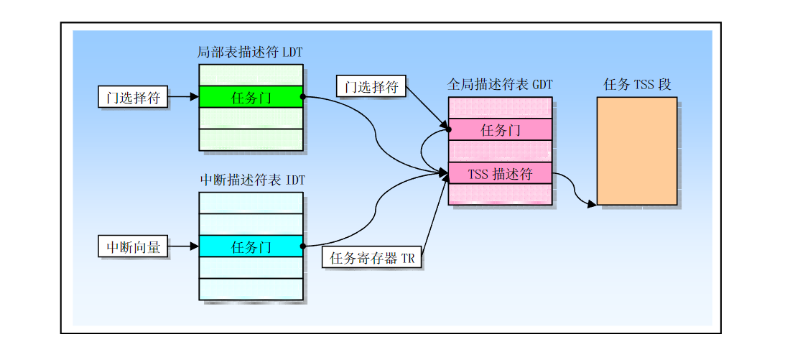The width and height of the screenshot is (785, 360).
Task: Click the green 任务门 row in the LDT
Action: click(251, 97)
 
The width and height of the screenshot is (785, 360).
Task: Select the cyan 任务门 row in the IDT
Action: click(251, 246)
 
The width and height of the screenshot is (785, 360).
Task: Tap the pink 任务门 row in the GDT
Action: click(500, 130)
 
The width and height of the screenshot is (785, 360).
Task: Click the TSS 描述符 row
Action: click(500, 173)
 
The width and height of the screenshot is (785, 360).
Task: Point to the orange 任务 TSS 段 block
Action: click(637, 151)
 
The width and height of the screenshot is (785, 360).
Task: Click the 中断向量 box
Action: click(133, 246)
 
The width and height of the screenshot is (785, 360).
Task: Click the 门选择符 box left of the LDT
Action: click(133, 97)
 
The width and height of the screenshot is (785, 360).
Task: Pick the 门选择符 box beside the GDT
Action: click(371, 86)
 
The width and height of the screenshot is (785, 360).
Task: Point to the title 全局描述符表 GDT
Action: click(500, 84)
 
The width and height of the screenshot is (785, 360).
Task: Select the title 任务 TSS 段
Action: click(637, 84)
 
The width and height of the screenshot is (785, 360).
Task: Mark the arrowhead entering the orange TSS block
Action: click(593, 204)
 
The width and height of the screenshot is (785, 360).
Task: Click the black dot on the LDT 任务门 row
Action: click(303, 97)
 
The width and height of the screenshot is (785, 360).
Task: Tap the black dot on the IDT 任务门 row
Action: click(303, 246)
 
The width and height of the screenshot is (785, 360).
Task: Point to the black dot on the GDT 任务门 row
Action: click(449, 130)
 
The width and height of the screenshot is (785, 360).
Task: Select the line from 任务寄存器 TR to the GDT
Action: click(435, 211)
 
